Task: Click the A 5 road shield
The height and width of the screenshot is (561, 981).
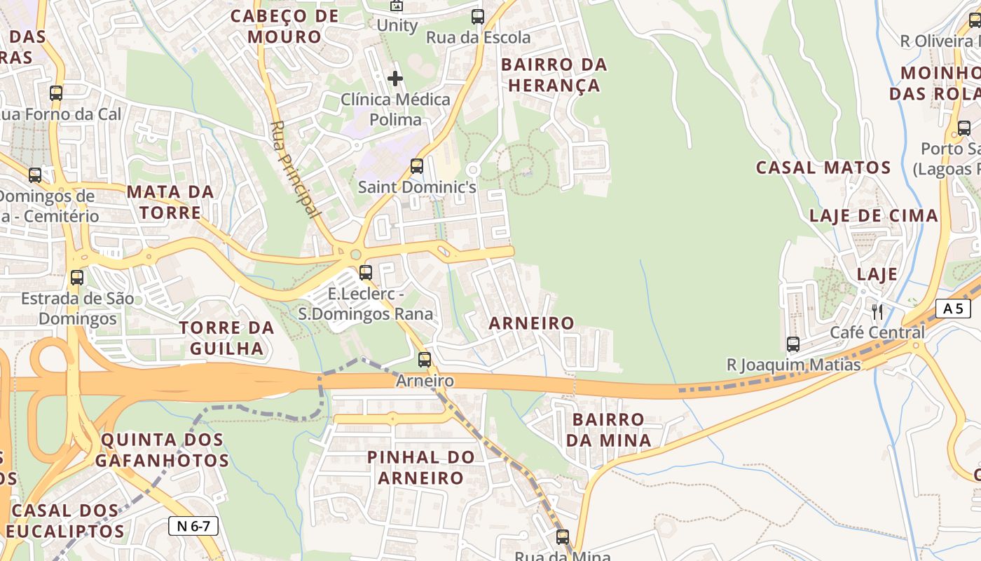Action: point(952,309)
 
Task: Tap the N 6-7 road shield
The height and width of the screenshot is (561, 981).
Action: point(193,526)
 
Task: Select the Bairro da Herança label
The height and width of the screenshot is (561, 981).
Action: point(554,75)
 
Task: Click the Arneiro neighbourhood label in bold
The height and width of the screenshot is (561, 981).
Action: point(531,323)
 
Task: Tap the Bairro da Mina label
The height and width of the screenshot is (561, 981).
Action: point(608,430)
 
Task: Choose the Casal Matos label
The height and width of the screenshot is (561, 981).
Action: point(823,168)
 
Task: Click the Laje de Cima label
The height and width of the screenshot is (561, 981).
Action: point(873,216)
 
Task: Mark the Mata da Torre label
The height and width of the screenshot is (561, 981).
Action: point(170,202)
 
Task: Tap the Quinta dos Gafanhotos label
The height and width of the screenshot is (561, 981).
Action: point(162,450)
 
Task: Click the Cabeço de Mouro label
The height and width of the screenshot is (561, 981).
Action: point(284,26)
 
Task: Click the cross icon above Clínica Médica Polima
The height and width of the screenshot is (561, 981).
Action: point(395,78)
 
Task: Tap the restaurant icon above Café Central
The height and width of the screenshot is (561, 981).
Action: point(877,311)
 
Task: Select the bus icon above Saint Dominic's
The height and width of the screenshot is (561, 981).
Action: point(417,166)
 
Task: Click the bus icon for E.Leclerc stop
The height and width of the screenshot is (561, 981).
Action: point(366,273)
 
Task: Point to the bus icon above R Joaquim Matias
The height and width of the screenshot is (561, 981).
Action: point(793,344)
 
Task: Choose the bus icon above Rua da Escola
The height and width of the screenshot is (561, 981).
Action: point(478,17)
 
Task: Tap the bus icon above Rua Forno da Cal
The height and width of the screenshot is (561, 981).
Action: point(56,93)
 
